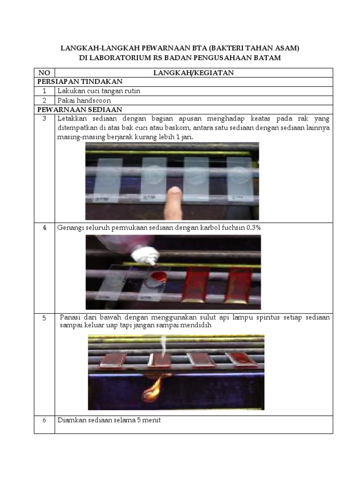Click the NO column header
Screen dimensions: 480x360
44,73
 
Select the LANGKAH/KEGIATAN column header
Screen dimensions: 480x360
194,73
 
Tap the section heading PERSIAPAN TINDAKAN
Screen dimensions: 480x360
80,82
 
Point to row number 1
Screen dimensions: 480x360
44,91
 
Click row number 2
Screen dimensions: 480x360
44,100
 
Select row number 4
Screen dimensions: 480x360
44,228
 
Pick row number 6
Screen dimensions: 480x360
44,420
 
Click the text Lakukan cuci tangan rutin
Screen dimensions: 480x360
98,91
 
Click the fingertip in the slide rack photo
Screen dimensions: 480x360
174,192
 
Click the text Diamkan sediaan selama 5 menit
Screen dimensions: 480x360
109,420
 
